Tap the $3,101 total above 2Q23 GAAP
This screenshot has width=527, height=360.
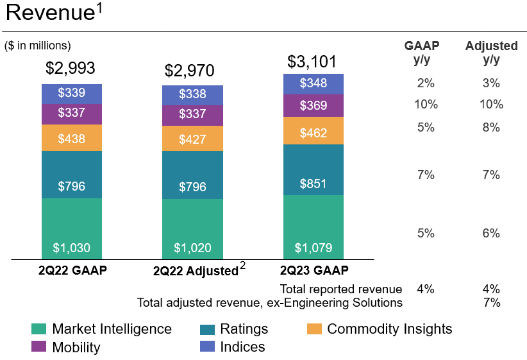point(312,62)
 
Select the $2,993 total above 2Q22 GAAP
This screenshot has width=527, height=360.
point(71,69)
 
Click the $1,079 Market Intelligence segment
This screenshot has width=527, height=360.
point(314,248)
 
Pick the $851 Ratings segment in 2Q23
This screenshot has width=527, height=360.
point(314,184)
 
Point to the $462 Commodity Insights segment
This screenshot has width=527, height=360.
point(314,133)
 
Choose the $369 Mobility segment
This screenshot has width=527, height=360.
point(314,105)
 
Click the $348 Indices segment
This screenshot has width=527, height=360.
point(314,83)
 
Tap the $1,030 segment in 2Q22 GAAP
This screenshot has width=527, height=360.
point(71,248)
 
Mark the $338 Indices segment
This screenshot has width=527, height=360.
point(192,94)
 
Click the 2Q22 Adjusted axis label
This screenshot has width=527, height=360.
point(196,271)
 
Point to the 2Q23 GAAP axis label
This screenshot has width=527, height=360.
point(314,270)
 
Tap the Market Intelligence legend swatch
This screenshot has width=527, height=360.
point(39,329)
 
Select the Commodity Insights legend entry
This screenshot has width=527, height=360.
point(389,329)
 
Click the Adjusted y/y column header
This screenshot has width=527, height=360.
point(491,52)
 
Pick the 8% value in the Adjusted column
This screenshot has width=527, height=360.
point(491,127)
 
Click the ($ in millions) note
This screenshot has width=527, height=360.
point(38,46)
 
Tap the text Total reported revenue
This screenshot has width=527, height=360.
point(341,289)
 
